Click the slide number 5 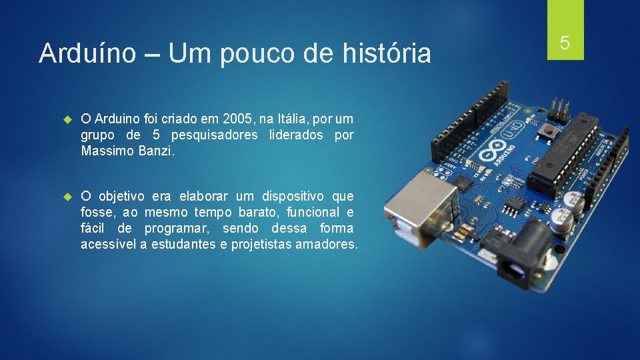click(x=565, y=43)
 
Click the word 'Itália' click(x=295, y=119)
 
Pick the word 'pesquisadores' click(x=214, y=135)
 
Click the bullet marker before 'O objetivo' click(x=67, y=197)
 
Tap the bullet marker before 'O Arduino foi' click(x=67, y=120)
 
